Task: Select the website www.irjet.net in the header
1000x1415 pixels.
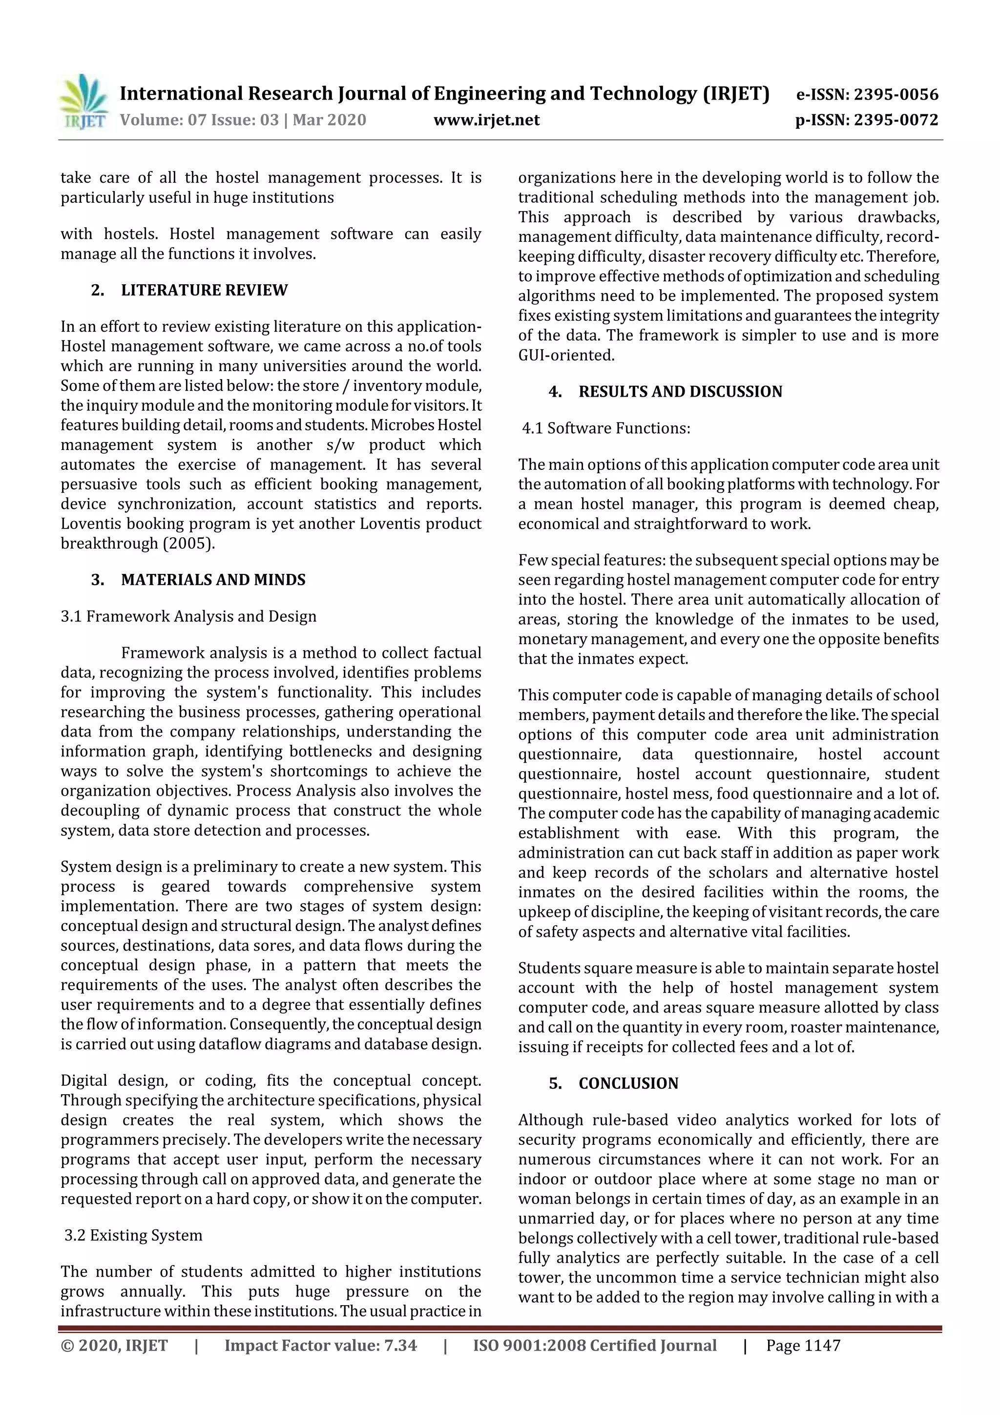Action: pos(486,120)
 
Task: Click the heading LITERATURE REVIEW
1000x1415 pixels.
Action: pos(204,290)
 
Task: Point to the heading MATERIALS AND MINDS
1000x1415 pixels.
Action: pos(213,580)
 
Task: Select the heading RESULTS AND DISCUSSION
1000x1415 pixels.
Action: pos(680,392)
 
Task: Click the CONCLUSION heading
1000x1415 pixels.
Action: pos(628,1083)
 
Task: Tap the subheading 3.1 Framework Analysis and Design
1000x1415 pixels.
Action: pos(188,616)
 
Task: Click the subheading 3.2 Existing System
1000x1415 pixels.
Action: pos(133,1235)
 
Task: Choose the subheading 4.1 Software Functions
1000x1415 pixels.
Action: pos(606,428)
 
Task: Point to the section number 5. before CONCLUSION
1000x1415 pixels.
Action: pos(555,1083)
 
